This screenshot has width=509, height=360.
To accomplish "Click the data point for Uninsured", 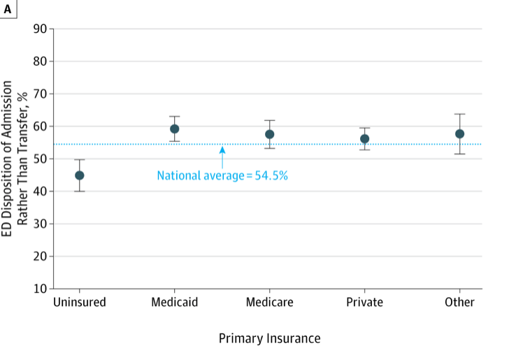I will coord(80,175).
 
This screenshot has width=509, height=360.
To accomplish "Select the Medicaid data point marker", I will coord(175,129).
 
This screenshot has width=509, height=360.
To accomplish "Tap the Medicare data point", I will coord(270,134).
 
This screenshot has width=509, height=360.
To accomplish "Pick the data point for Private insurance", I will coord(364,138).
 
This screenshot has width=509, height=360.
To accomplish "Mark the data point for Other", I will coord(459,134).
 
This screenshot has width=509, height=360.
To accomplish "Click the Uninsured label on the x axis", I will coord(79,303).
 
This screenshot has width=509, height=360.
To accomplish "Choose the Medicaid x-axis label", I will coord(174,303).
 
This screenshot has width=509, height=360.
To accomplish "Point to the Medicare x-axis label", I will coord(270,303).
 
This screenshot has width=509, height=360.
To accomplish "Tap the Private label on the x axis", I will coord(364,303).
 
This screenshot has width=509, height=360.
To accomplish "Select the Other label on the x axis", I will coord(459,303).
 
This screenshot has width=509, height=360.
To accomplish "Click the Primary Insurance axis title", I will coord(269,338).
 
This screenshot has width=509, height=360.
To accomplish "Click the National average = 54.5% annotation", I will coord(222,175).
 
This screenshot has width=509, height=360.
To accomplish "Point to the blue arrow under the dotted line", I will coord(222,156).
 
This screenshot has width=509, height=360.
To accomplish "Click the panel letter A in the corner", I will coord(8,7).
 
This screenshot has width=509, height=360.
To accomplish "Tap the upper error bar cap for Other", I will coord(459,114).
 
